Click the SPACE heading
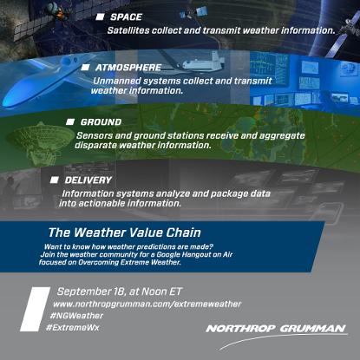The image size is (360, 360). tap(126, 16)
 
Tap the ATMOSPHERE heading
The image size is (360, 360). tap(128, 68)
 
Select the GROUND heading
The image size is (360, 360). tap(101, 122)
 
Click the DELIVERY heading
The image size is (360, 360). tap(88, 180)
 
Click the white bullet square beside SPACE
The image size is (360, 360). tap(100, 17)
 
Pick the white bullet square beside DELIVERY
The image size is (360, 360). tap(55, 180)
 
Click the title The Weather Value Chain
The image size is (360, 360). tap(125, 232)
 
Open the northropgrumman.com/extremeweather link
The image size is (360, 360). tap(147, 304)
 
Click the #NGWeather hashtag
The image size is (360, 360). tap(76, 316)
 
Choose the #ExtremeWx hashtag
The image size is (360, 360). tap(73, 328)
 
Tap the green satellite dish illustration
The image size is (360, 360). tap(39, 141)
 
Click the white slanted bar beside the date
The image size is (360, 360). tap(36, 309)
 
